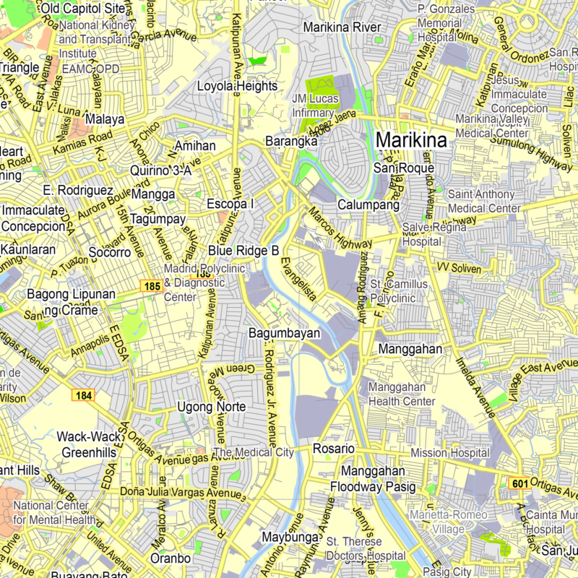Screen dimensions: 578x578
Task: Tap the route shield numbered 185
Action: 151,287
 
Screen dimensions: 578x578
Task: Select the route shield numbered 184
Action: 83,395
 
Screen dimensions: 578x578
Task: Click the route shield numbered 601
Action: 519,483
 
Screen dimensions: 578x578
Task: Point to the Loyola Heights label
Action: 237,86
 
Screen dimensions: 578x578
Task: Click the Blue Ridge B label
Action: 243,250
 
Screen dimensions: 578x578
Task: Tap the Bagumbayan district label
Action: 284,334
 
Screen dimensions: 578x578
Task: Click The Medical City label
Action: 254,453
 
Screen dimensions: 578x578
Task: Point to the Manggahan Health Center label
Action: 402,394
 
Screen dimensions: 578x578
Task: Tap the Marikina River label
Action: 342,27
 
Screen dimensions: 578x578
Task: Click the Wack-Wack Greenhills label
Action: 86,444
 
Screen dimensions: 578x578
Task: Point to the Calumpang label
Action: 368,205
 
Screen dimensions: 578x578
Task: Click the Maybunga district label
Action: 290,538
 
